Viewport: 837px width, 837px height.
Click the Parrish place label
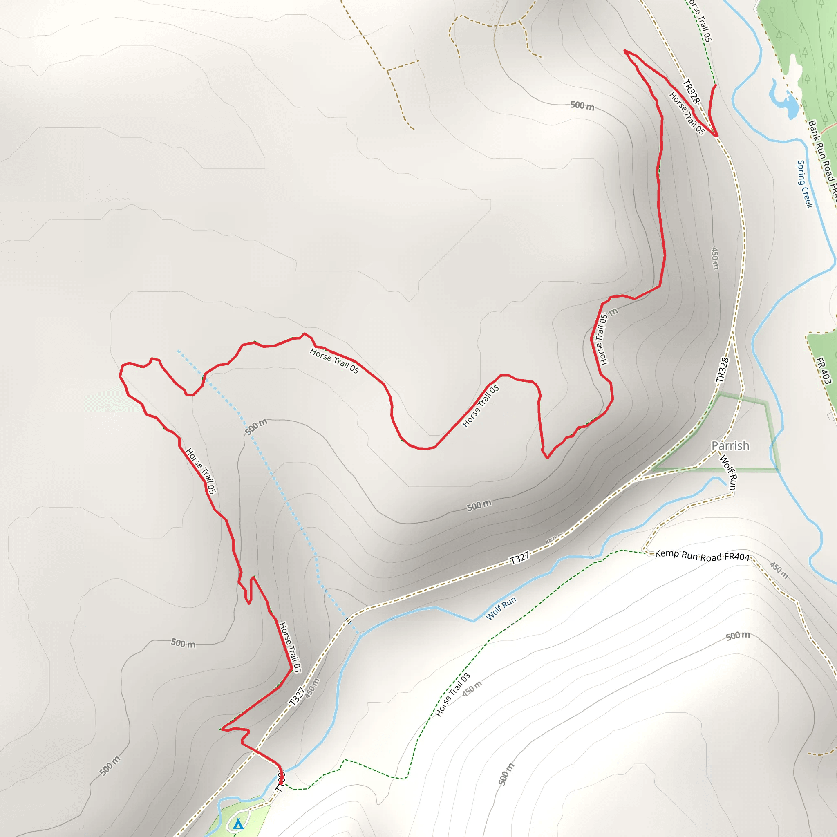(730, 445)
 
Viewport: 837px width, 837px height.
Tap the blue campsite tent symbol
(238, 824)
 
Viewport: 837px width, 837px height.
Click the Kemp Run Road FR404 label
(702, 556)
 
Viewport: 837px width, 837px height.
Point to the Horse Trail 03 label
(452, 694)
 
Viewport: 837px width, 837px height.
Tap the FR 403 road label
(824, 370)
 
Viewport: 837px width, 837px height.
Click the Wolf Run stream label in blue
(501, 608)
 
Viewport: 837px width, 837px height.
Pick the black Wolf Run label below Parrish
(728, 473)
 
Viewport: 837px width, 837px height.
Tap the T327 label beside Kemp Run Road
(519, 557)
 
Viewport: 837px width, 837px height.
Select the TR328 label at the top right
(691, 92)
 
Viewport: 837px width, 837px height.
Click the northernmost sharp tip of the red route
(625, 51)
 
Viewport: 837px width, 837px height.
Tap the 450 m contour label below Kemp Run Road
(779, 570)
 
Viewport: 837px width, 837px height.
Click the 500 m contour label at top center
(582, 105)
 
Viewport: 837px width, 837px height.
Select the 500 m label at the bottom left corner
(110, 765)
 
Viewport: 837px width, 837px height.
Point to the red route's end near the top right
(715, 85)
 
